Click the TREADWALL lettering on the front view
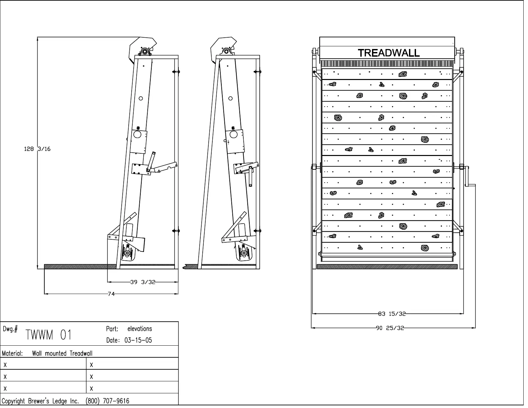pyautogui.click(x=389, y=53)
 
